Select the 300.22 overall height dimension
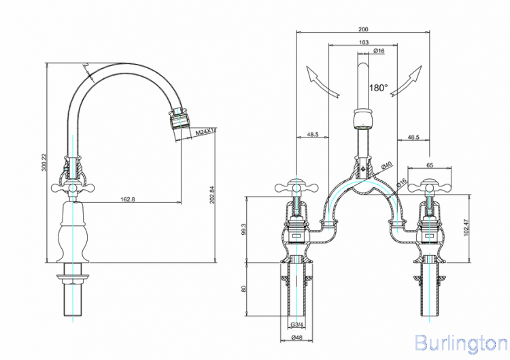click(x=44, y=163)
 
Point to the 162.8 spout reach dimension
click(x=126, y=198)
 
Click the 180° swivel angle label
click(x=378, y=88)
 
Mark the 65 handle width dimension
click(x=429, y=165)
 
